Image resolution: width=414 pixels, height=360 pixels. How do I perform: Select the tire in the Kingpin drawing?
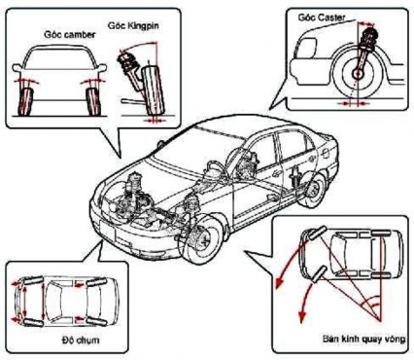tap(149, 93)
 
